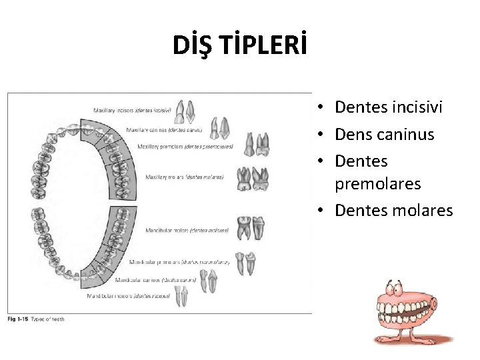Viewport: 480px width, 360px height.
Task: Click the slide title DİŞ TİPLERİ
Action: pos(239,45)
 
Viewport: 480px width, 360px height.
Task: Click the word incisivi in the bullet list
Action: pos(413,107)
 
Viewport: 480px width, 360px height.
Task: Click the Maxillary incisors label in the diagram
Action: pos(131,109)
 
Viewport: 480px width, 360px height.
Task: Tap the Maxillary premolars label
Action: pos(185,146)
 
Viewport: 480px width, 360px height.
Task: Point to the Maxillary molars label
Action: pos(185,177)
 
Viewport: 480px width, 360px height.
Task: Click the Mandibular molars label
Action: pos(187,230)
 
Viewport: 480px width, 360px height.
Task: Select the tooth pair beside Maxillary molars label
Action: pos(253,177)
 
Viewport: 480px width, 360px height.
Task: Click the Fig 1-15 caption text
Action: pos(36,319)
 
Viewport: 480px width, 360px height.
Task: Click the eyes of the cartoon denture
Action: pos(393,289)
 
